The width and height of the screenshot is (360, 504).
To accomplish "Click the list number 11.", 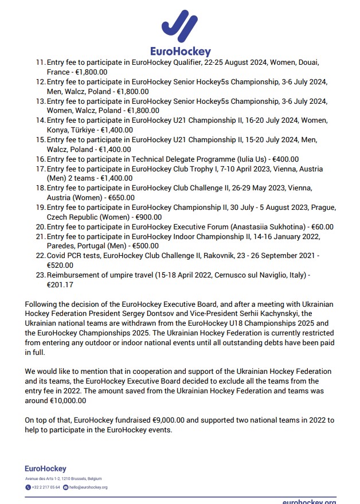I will (40, 62).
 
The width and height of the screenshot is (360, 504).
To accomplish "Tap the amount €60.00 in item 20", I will (319, 226).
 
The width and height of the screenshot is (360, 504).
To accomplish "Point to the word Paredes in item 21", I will (62, 246).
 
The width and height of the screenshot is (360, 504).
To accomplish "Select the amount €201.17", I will (60, 285).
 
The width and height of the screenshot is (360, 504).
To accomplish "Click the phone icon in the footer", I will (28, 487).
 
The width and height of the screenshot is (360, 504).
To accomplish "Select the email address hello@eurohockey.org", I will (88, 487).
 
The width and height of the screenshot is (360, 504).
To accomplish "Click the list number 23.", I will (40, 275).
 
